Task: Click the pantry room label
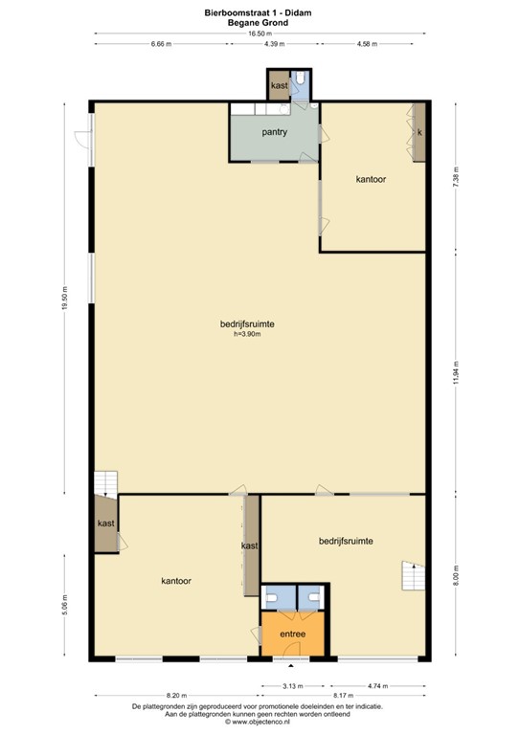(274, 132)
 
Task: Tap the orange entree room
(293, 634)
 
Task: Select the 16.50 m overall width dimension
(260, 33)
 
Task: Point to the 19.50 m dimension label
(65, 298)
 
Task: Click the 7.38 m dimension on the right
(456, 177)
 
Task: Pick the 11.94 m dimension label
(456, 372)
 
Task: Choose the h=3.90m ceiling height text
(247, 334)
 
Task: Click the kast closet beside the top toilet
(280, 85)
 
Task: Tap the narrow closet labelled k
(419, 132)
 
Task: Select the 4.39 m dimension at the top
(274, 44)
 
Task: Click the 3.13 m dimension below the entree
(293, 686)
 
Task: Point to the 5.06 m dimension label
(65, 605)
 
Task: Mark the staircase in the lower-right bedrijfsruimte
(413, 575)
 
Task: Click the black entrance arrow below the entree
(291, 666)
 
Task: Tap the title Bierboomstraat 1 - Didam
(258, 13)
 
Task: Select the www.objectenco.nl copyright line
(258, 722)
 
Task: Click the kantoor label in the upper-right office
(371, 179)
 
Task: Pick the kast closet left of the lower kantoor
(106, 523)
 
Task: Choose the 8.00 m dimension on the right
(456, 576)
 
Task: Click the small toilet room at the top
(300, 84)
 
